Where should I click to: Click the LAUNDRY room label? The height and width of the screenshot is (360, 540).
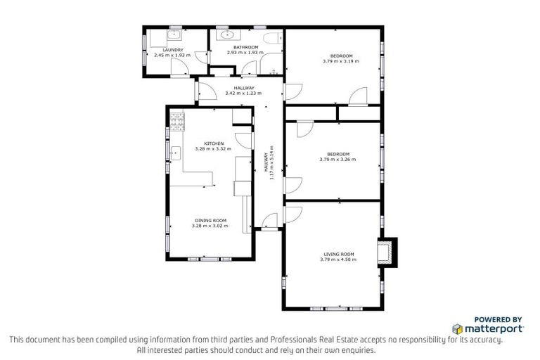172,50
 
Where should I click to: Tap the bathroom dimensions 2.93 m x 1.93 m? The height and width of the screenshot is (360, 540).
245,53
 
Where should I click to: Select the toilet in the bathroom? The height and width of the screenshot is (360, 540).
271,39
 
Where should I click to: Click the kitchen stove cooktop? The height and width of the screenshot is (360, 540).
176,122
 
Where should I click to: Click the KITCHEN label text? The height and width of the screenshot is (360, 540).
214,143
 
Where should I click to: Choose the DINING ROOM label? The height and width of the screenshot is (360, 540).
210,221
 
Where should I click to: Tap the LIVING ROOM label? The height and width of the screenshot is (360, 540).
338,254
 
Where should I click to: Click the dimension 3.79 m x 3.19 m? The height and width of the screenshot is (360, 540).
340,61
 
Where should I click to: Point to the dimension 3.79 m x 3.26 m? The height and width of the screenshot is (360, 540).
337,160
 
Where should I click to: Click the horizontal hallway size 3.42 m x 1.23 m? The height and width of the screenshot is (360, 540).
243,93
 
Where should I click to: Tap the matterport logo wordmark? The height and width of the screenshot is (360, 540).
494,328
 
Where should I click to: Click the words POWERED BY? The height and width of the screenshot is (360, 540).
498,319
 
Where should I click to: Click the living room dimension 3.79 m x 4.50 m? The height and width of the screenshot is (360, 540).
338,259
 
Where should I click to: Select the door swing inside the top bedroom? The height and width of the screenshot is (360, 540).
359,96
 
